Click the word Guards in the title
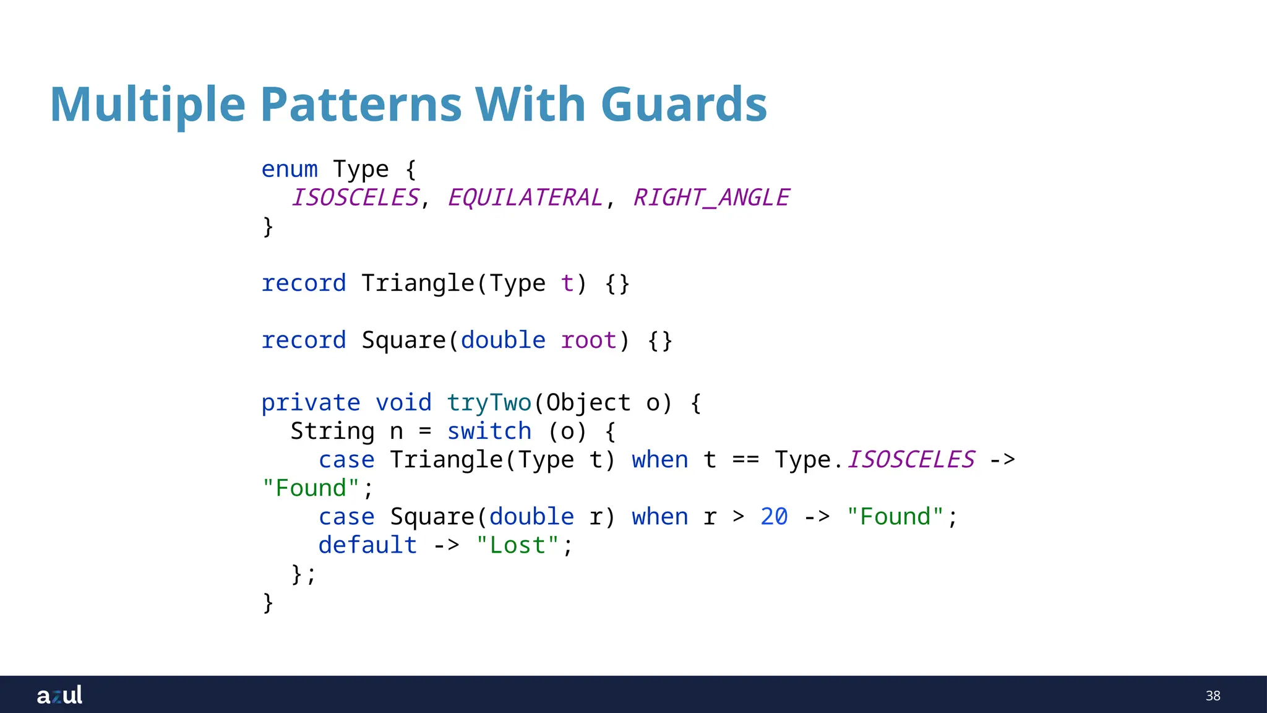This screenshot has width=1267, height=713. tap(684, 104)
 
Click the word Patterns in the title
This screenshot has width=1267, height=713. tap(361, 104)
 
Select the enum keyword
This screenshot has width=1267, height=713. tap(290, 169)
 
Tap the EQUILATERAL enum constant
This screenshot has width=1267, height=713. tap(525, 197)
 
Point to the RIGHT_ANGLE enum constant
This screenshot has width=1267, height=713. tap(711, 197)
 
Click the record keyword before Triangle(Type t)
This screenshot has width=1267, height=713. tap(303, 283)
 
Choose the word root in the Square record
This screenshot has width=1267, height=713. tap(588, 340)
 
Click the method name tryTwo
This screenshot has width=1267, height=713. tap(489, 402)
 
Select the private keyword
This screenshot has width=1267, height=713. tap(311, 402)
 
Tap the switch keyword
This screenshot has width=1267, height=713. tap(489, 431)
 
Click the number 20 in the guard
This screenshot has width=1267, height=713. tap(774, 516)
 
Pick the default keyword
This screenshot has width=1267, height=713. tap(367, 545)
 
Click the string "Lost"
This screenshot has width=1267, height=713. tap(518, 545)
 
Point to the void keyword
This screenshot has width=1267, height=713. tap(403, 402)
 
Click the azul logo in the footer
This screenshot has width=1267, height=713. tap(59, 695)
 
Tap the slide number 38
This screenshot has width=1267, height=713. tap(1213, 696)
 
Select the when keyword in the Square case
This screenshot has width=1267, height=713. tap(659, 516)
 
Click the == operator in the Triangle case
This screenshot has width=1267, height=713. tap(745, 460)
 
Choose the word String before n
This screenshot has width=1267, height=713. tap(332, 431)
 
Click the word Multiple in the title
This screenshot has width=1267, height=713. tap(147, 104)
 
